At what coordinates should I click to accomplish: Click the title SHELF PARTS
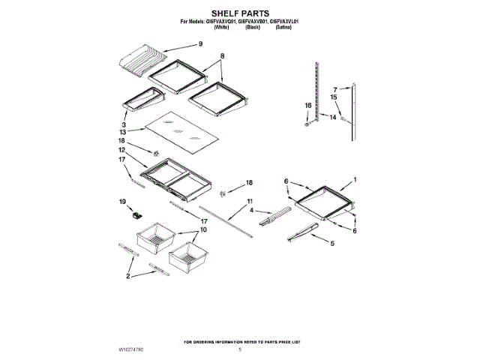240,13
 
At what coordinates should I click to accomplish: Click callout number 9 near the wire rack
201,44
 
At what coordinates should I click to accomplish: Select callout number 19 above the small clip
122,201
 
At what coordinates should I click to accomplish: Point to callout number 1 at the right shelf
355,180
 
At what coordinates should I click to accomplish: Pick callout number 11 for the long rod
250,201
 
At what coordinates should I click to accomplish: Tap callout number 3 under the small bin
123,124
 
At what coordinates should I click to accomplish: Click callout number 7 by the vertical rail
336,89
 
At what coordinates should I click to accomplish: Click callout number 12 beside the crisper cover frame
122,150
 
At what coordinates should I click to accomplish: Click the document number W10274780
130,350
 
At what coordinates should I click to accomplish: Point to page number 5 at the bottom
240,350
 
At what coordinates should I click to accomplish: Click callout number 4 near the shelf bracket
251,211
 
